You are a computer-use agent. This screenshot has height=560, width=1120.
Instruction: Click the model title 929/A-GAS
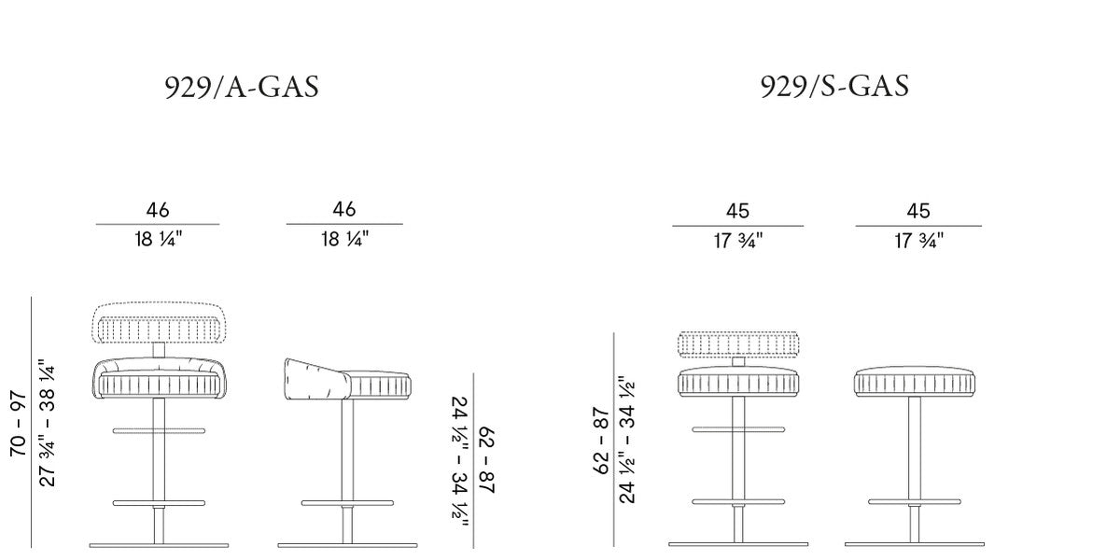[x=242, y=88]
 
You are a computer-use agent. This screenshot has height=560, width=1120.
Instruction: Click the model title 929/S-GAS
[x=834, y=86]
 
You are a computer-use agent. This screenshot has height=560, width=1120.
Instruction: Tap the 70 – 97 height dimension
[x=18, y=424]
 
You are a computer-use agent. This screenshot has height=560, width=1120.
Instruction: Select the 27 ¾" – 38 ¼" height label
[x=47, y=423]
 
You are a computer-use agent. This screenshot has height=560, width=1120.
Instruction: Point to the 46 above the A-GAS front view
[x=158, y=210]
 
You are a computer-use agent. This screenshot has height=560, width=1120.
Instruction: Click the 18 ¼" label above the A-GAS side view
[x=345, y=239]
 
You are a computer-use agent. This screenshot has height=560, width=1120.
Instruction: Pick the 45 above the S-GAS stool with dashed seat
[x=737, y=211]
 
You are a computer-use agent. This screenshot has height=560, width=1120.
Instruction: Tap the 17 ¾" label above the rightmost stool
[x=918, y=241]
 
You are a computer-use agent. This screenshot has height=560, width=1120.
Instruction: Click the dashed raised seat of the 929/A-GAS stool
[x=160, y=323]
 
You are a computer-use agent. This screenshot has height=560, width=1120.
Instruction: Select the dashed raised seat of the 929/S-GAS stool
[x=738, y=344]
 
